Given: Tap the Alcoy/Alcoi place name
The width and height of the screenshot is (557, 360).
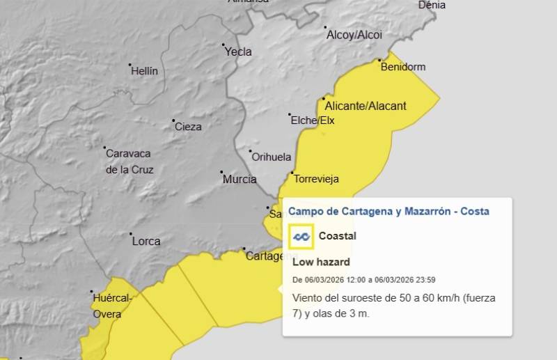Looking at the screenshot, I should pyautogui.click(x=354, y=34).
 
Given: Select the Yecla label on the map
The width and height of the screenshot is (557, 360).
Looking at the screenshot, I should pyautogui.click(x=239, y=52).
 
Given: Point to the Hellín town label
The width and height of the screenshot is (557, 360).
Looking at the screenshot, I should pyautogui.click(x=145, y=71).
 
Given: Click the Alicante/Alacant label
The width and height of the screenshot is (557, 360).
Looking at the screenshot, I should pyautogui.click(x=366, y=106).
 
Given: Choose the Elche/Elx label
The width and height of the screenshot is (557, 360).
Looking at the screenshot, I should pyautogui.click(x=313, y=120).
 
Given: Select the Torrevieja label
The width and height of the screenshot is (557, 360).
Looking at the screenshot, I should pyautogui.click(x=317, y=179).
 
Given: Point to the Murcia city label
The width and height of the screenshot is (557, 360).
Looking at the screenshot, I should pyautogui.click(x=240, y=180).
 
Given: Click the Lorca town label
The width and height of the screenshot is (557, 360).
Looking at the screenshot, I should pyautogui.click(x=146, y=242).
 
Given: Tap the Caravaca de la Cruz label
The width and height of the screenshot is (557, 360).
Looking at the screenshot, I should pyautogui.click(x=129, y=161).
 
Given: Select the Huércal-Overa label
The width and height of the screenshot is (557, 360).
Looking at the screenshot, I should pyautogui.click(x=111, y=306).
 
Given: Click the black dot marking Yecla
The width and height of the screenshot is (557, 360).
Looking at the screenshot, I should pyautogui.click(x=224, y=46).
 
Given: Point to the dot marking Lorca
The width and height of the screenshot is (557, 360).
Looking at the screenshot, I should pyautogui.click(x=130, y=235).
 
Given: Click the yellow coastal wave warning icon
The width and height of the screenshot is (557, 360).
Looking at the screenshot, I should pyautogui.click(x=301, y=237).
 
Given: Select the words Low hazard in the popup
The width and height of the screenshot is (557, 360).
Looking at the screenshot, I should pyautogui.click(x=321, y=262).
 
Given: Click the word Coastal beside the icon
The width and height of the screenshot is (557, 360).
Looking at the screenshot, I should pyautogui.click(x=338, y=236).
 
